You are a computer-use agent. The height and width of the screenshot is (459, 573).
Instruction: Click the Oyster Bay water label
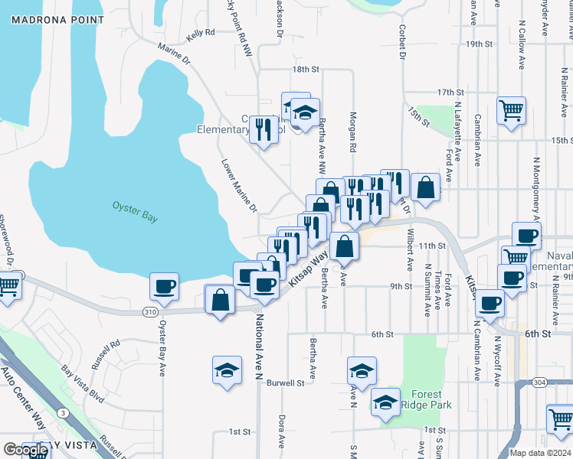(x=135, y=212)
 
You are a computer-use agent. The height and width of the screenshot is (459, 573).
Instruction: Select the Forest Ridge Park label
(x=426, y=400)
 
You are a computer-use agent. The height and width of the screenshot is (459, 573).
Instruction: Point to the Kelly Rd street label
(x=199, y=33)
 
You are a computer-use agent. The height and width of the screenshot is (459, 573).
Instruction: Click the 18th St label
(x=304, y=70)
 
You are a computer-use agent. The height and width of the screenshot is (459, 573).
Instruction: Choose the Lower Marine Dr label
(x=238, y=186)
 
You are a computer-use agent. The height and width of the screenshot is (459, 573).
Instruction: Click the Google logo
(x=26, y=450)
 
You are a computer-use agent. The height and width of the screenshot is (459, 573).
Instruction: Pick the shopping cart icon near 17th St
(x=510, y=109)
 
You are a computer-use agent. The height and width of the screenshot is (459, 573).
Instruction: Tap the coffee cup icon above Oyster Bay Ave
(x=164, y=288)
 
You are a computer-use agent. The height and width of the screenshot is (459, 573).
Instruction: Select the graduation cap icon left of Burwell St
(x=227, y=371)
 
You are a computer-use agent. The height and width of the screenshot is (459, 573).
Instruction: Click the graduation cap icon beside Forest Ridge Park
(x=385, y=402)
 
